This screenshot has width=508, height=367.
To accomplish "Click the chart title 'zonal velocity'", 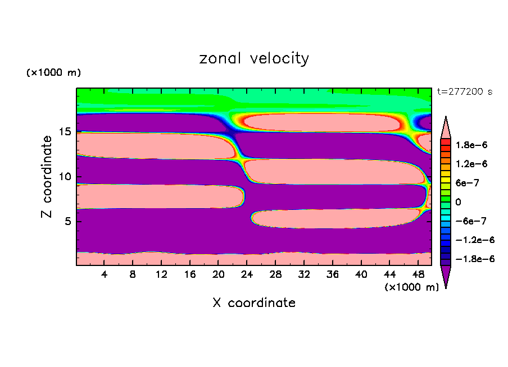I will click(x=254, y=58).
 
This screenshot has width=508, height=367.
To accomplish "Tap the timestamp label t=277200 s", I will click(x=465, y=91).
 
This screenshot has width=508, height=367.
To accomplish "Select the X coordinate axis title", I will click(x=254, y=303).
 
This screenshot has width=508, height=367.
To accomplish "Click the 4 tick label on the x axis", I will click(x=105, y=274).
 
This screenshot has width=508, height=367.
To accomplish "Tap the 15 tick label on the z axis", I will click(x=66, y=132).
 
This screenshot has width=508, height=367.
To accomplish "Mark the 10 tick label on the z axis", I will click(x=66, y=176).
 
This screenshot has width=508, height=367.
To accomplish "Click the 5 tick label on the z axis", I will click(x=69, y=221).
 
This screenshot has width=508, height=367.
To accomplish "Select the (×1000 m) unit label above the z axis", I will click(x=53, y=73).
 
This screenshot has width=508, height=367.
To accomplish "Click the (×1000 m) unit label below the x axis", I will click(x=411, y=287).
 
